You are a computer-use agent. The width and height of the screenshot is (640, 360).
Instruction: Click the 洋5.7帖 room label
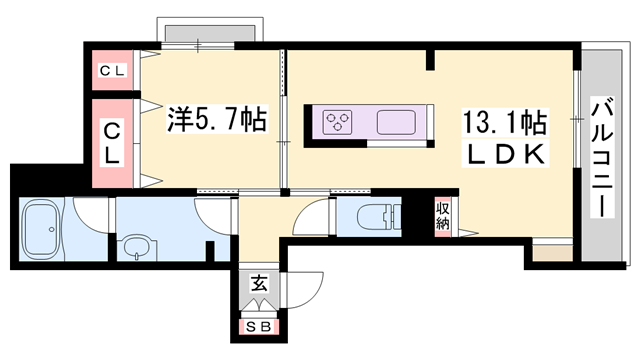coord(215,120)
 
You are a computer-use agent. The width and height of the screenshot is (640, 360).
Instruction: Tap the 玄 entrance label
coord(258,284)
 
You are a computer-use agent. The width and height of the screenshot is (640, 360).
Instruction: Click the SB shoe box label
coord(258,326)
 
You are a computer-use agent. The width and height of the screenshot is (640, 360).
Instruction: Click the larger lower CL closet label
coord(113,142)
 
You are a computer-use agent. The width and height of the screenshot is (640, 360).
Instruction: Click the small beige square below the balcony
coord(547,255)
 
